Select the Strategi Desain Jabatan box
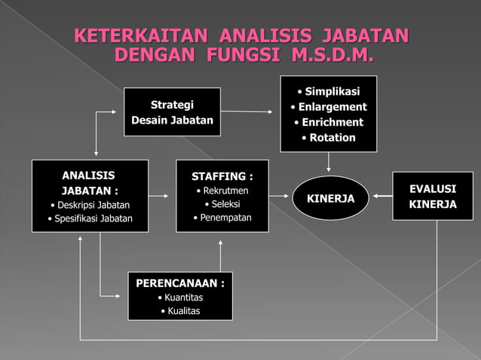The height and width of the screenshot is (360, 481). pos(172,111)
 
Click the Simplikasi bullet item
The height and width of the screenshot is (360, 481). pos(329,92)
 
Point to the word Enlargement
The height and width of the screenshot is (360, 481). pos(332,107)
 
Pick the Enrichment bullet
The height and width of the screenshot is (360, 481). pos(332,122)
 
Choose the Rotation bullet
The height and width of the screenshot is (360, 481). pos(332,137)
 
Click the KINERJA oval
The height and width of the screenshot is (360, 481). pos(330,197)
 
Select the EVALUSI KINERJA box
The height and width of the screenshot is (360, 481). pos(432,196)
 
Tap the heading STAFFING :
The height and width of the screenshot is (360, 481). pos(222,176)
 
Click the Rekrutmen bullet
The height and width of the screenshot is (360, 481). pos(222,191)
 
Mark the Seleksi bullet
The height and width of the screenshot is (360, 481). pos(224,204)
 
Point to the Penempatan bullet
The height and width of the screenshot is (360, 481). pos(222,218)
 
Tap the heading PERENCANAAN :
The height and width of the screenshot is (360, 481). pos(179,283)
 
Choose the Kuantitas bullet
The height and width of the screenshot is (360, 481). pos(181,297)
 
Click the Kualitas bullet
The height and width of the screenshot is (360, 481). pos(181,311)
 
